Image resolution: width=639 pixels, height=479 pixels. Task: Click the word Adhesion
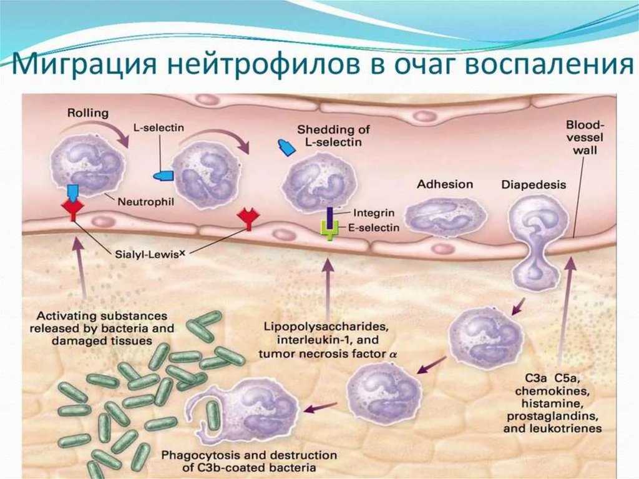pos(445,184)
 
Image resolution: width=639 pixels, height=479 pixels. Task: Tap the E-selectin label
pos(371,228)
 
